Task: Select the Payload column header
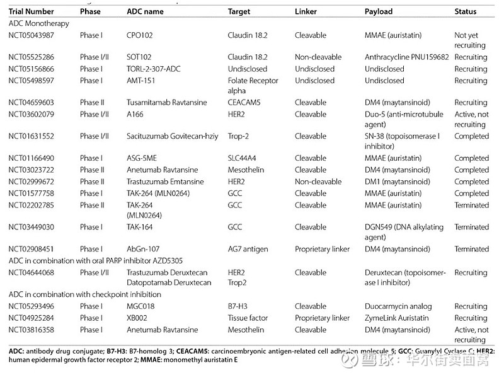click(x=379, y=11)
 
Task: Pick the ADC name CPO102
click(x=139, y=35)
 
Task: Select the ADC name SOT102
click(x=139, y=57)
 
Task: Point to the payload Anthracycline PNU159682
click(x=407, y=57)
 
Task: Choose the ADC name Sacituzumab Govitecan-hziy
click(x=171, y=136)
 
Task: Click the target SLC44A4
click(x=245, y=158)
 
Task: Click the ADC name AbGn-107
click(x=143, y=249)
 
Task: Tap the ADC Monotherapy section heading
click(x=39, y=23)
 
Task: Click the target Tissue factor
click(x=248, y=318)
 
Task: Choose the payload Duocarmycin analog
click(x=399, y=306)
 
